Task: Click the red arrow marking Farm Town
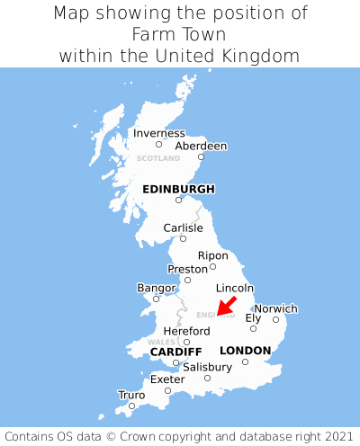point(227,306)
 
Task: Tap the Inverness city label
point(158,133)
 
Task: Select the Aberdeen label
point(201,146)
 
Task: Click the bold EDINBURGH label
point(178,189)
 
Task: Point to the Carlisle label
point(183,227)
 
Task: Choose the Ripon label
point(212,255)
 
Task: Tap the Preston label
point(187,269)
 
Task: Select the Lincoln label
point(235,288)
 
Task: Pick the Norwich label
point(275,308)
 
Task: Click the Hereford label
point(186,331)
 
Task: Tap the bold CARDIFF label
point(175,351)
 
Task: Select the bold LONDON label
point(245,350)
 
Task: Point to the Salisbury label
point(207,367)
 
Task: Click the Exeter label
point(167,379)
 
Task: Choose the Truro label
point(131,395)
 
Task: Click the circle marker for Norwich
point(275,319)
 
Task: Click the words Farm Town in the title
point(178,34)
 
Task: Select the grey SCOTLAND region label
point(158,158)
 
